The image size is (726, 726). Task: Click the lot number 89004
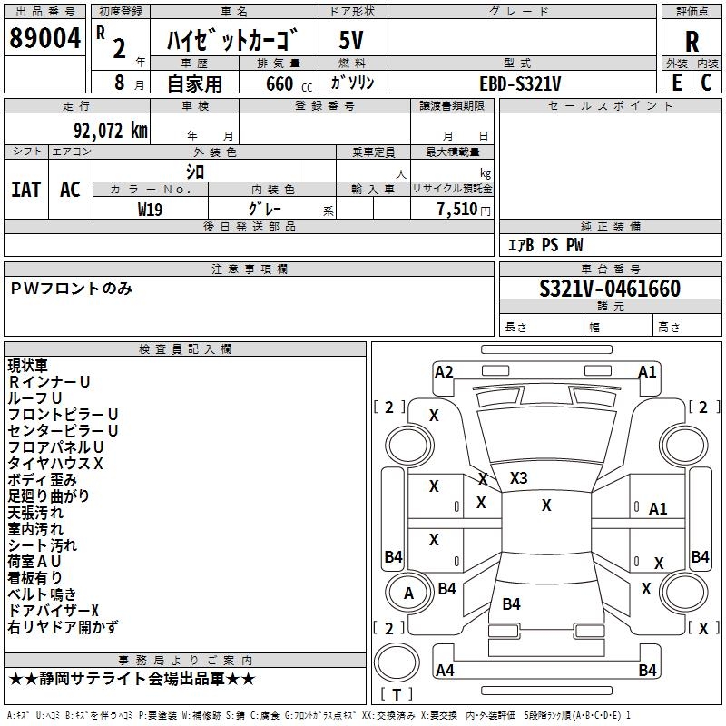coord(44,39)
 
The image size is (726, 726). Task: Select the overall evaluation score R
coord(692,42)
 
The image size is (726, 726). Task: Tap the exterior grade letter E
coord(676,82)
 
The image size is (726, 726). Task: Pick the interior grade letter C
coord(707,82)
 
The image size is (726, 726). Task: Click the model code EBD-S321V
coord(520,83)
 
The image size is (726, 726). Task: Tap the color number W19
coord(151,209)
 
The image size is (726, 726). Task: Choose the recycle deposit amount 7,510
coord(456,209)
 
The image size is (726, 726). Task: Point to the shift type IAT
coord(25,189)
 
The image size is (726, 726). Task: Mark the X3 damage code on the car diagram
coord(518,477)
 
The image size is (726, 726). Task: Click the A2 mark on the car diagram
coord(444,371)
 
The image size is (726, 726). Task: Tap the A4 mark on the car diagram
coord(445,671)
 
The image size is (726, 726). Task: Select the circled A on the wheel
coord(408,594)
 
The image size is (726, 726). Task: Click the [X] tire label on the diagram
coord(703,628)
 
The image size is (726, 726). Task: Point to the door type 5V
coord(352,41)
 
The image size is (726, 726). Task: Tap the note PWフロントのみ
coord(72,289)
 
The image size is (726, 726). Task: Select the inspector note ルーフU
coord(34,398)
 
